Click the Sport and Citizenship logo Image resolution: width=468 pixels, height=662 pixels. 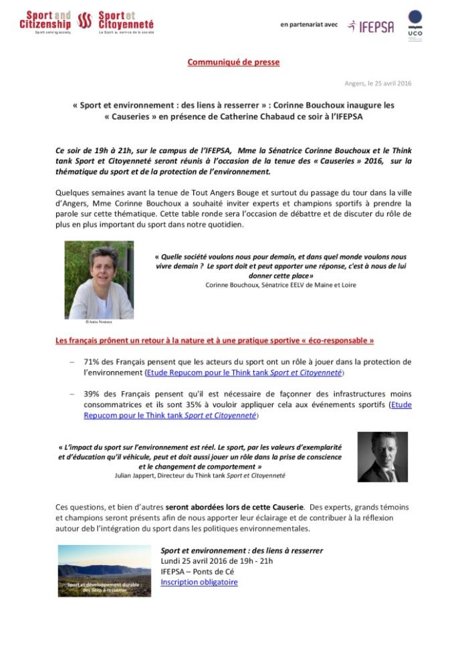(x=45, y=21)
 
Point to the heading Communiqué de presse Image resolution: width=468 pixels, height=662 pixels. (x=233, y=62)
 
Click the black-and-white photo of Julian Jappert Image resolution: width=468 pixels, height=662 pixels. (x=383, y=457)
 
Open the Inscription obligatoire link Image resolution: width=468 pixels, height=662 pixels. (x=199, y=582)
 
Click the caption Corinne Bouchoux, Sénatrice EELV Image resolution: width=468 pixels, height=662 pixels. (x=280, y=285)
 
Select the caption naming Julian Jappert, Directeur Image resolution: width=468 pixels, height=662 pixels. (x=199, y=475)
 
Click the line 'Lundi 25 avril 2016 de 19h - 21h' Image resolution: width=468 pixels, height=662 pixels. (x=217, y=561)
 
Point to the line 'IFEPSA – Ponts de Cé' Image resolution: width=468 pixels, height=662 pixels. (x=197, y=572)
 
